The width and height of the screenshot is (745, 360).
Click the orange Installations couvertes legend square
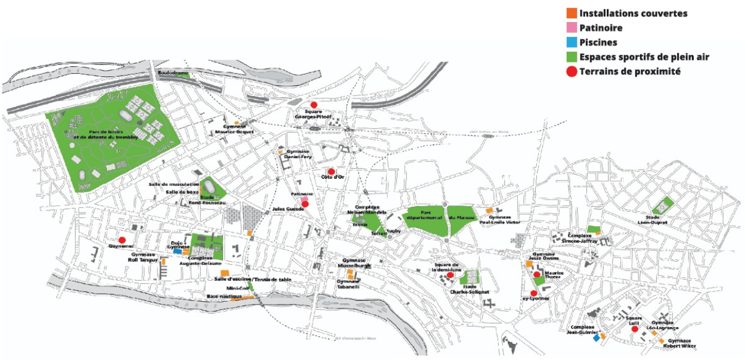coord(572,13)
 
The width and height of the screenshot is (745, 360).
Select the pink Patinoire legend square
coord(572,28)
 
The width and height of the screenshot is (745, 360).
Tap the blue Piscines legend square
coord(572,42)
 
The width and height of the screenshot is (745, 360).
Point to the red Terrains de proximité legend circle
coord(572,72)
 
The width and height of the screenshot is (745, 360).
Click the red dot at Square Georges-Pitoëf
coord(313,105)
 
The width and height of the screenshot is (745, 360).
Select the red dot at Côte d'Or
coord(331,172)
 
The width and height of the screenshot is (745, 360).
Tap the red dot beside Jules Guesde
coord(305,204)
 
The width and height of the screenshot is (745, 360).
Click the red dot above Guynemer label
coord(122,240)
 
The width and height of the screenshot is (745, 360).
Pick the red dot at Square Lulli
coord(635,328)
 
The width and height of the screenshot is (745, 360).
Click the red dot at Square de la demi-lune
coord(450,275)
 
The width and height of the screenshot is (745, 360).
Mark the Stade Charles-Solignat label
coord(470,289)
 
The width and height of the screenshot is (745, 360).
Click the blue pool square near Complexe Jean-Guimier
coord(595,337)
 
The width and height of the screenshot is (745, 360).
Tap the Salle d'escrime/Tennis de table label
coord(253,279)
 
